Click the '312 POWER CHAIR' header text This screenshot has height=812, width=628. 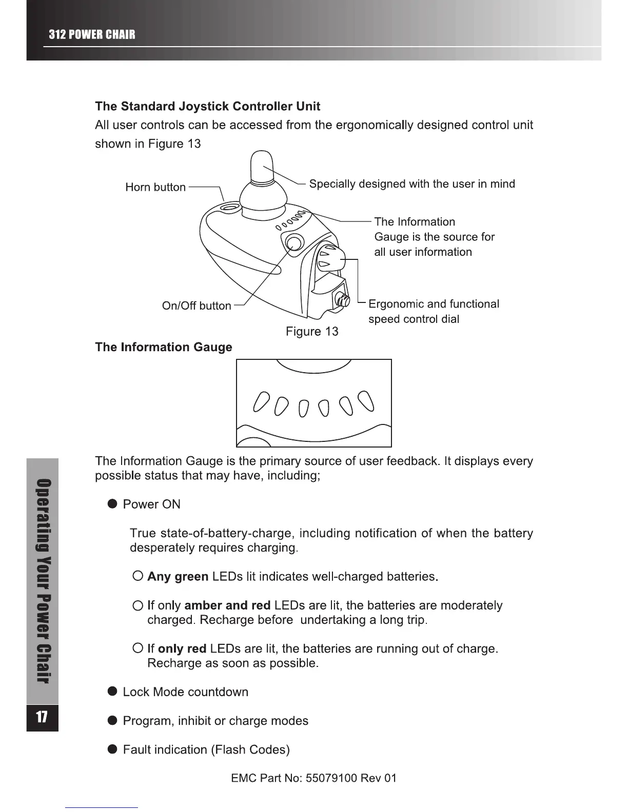point(92,35)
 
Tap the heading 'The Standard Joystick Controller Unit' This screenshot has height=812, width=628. point(207,107)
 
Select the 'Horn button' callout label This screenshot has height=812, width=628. point(155,187)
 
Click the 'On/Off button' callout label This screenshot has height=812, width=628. point(197,306)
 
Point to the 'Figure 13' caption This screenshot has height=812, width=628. point(312,332)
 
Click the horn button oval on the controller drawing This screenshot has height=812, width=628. point(228,208)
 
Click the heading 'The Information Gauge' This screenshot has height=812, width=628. point(164,348)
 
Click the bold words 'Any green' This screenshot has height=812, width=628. point(178,577)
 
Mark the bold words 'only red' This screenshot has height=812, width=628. point(182,649)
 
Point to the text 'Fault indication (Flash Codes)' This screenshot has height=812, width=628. point(206,750)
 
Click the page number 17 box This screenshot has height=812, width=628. point(42,717)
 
